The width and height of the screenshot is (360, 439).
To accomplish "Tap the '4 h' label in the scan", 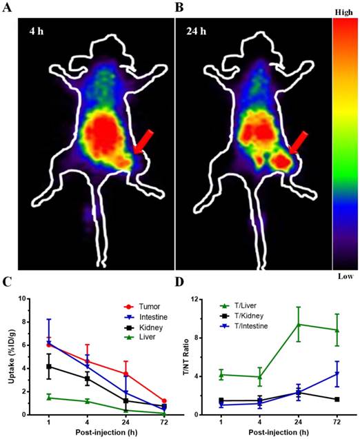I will [x=37, y=31].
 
